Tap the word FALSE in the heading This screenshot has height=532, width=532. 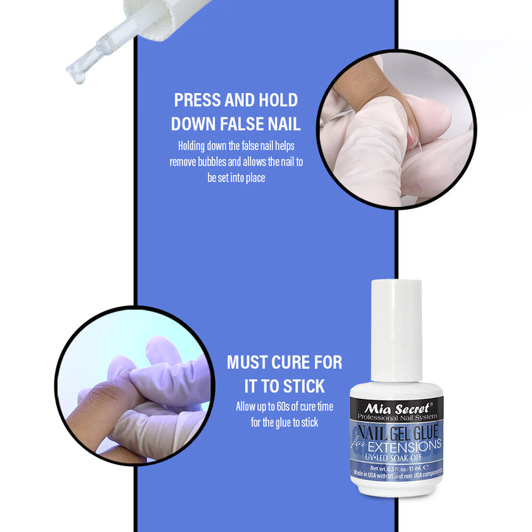point(233,123)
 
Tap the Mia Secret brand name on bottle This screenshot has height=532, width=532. point(395,406)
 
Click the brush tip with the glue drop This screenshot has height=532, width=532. point(76,71)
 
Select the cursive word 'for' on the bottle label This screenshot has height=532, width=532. point(361,442)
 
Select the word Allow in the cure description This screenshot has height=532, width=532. point(247,407)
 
